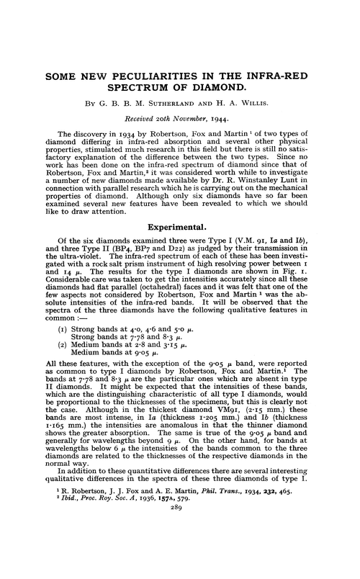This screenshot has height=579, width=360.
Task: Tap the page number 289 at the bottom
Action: pyautogui.click(x=180, y=570)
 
